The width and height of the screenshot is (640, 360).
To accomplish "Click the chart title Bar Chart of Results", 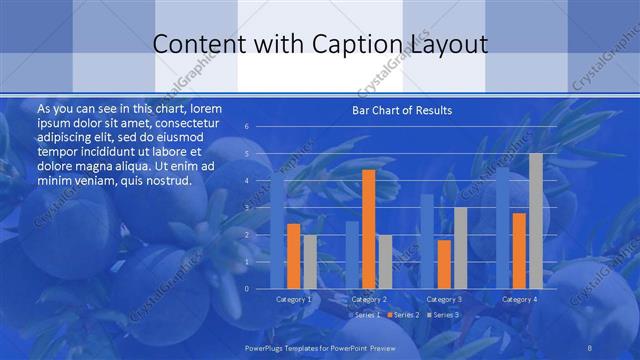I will click(x=402, y=110).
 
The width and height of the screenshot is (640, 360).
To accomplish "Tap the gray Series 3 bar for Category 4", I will click(x=535, y=221).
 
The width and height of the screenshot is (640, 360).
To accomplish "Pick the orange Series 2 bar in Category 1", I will click(x=293, y=256).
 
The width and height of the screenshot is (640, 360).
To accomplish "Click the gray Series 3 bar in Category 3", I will click(x=460, y=248).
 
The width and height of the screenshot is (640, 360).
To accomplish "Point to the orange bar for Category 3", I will click(x=444, y=264).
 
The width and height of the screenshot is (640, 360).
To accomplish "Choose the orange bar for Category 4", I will click(x=518, y=250).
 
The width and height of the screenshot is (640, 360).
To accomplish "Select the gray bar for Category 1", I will click(x=310, y=262).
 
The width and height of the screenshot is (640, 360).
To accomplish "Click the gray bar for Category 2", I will click(x=385, y=262).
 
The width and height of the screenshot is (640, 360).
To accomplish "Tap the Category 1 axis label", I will click(x=294, y=299).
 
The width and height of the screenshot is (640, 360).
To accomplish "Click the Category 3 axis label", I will click(x=444, y=299).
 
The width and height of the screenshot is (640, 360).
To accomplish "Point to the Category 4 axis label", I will click(x=519, y=299).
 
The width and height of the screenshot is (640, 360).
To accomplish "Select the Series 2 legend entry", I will click(x=404, y=315).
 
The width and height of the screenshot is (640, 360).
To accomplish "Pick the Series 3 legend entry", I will click(x=445, y=315).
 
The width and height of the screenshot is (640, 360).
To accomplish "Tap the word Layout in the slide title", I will click(x=448, y=44).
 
